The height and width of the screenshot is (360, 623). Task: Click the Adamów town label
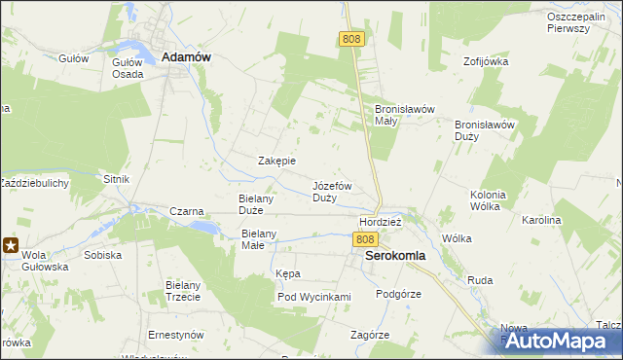[x=186, y=57]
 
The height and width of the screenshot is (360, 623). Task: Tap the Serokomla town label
[x=394, y=256]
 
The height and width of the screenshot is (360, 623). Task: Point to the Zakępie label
[x=276, y=161]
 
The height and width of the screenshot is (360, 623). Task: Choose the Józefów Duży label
[x=332, y=191]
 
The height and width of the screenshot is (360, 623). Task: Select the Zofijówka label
[x=487, y=61]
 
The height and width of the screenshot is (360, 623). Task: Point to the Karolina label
[x=542, y=221]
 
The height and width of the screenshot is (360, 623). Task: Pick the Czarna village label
[x=186, y=211]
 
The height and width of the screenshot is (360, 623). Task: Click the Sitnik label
[x=116, y=180]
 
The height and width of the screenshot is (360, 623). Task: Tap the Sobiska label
[x=103, y=255]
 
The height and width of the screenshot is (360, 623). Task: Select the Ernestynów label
[x=175, y=335]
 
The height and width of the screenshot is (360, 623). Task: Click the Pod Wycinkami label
[x=313, y=297]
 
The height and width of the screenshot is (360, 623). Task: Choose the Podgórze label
[x=398, y=294]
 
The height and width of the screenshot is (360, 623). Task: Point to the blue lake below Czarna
[x=203, y=226]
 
